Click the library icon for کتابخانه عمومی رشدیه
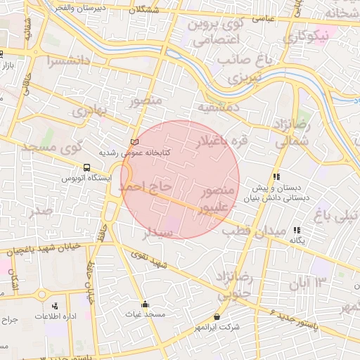[136, 142]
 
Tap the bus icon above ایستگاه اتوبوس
[86, 168]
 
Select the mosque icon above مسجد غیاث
[145, 304]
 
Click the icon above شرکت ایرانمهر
[217, 317]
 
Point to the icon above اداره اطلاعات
[55, 306]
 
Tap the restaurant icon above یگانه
[297, 230]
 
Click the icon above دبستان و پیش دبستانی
[276, 177]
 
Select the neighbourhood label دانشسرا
[69, 61]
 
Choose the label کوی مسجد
[53, 148]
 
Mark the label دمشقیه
[218, 107]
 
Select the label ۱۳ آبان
[308, 283]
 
